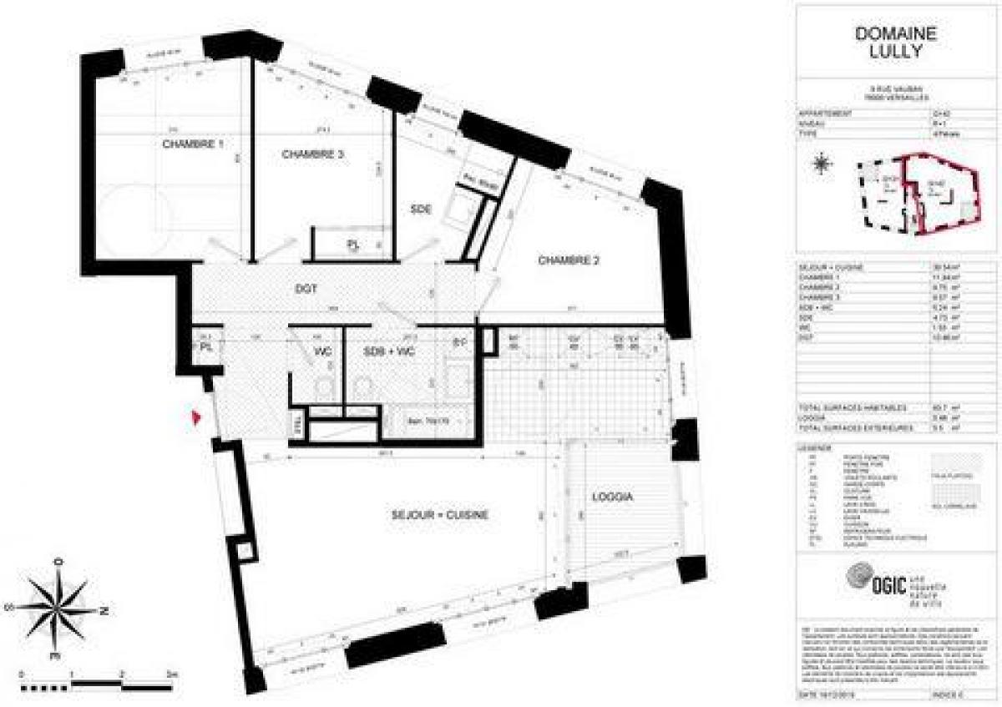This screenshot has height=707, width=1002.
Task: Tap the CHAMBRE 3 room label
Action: (313, 154)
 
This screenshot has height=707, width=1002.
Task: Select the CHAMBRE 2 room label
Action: (569, 260)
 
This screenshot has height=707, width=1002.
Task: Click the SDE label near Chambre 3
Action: (420, 210)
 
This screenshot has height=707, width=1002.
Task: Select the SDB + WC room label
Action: (389, 352)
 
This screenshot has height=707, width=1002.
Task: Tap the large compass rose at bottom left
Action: (58, 608)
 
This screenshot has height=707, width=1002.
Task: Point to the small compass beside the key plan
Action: (822, 164)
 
